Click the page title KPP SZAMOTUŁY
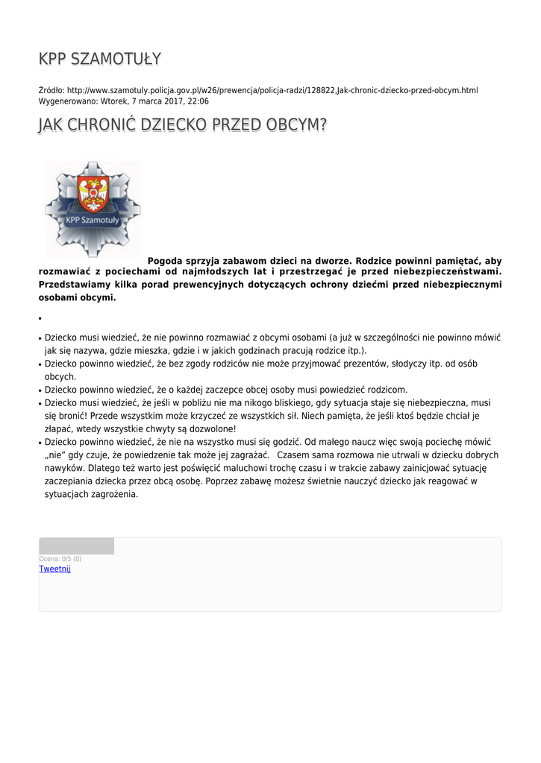click(100, 59)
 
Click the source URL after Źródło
click(272, 90)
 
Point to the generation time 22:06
click(198, 101)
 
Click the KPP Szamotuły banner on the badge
click(93, 221)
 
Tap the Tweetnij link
click(54, 569)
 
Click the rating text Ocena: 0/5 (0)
click(60, 559)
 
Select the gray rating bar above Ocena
click(76, 546)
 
